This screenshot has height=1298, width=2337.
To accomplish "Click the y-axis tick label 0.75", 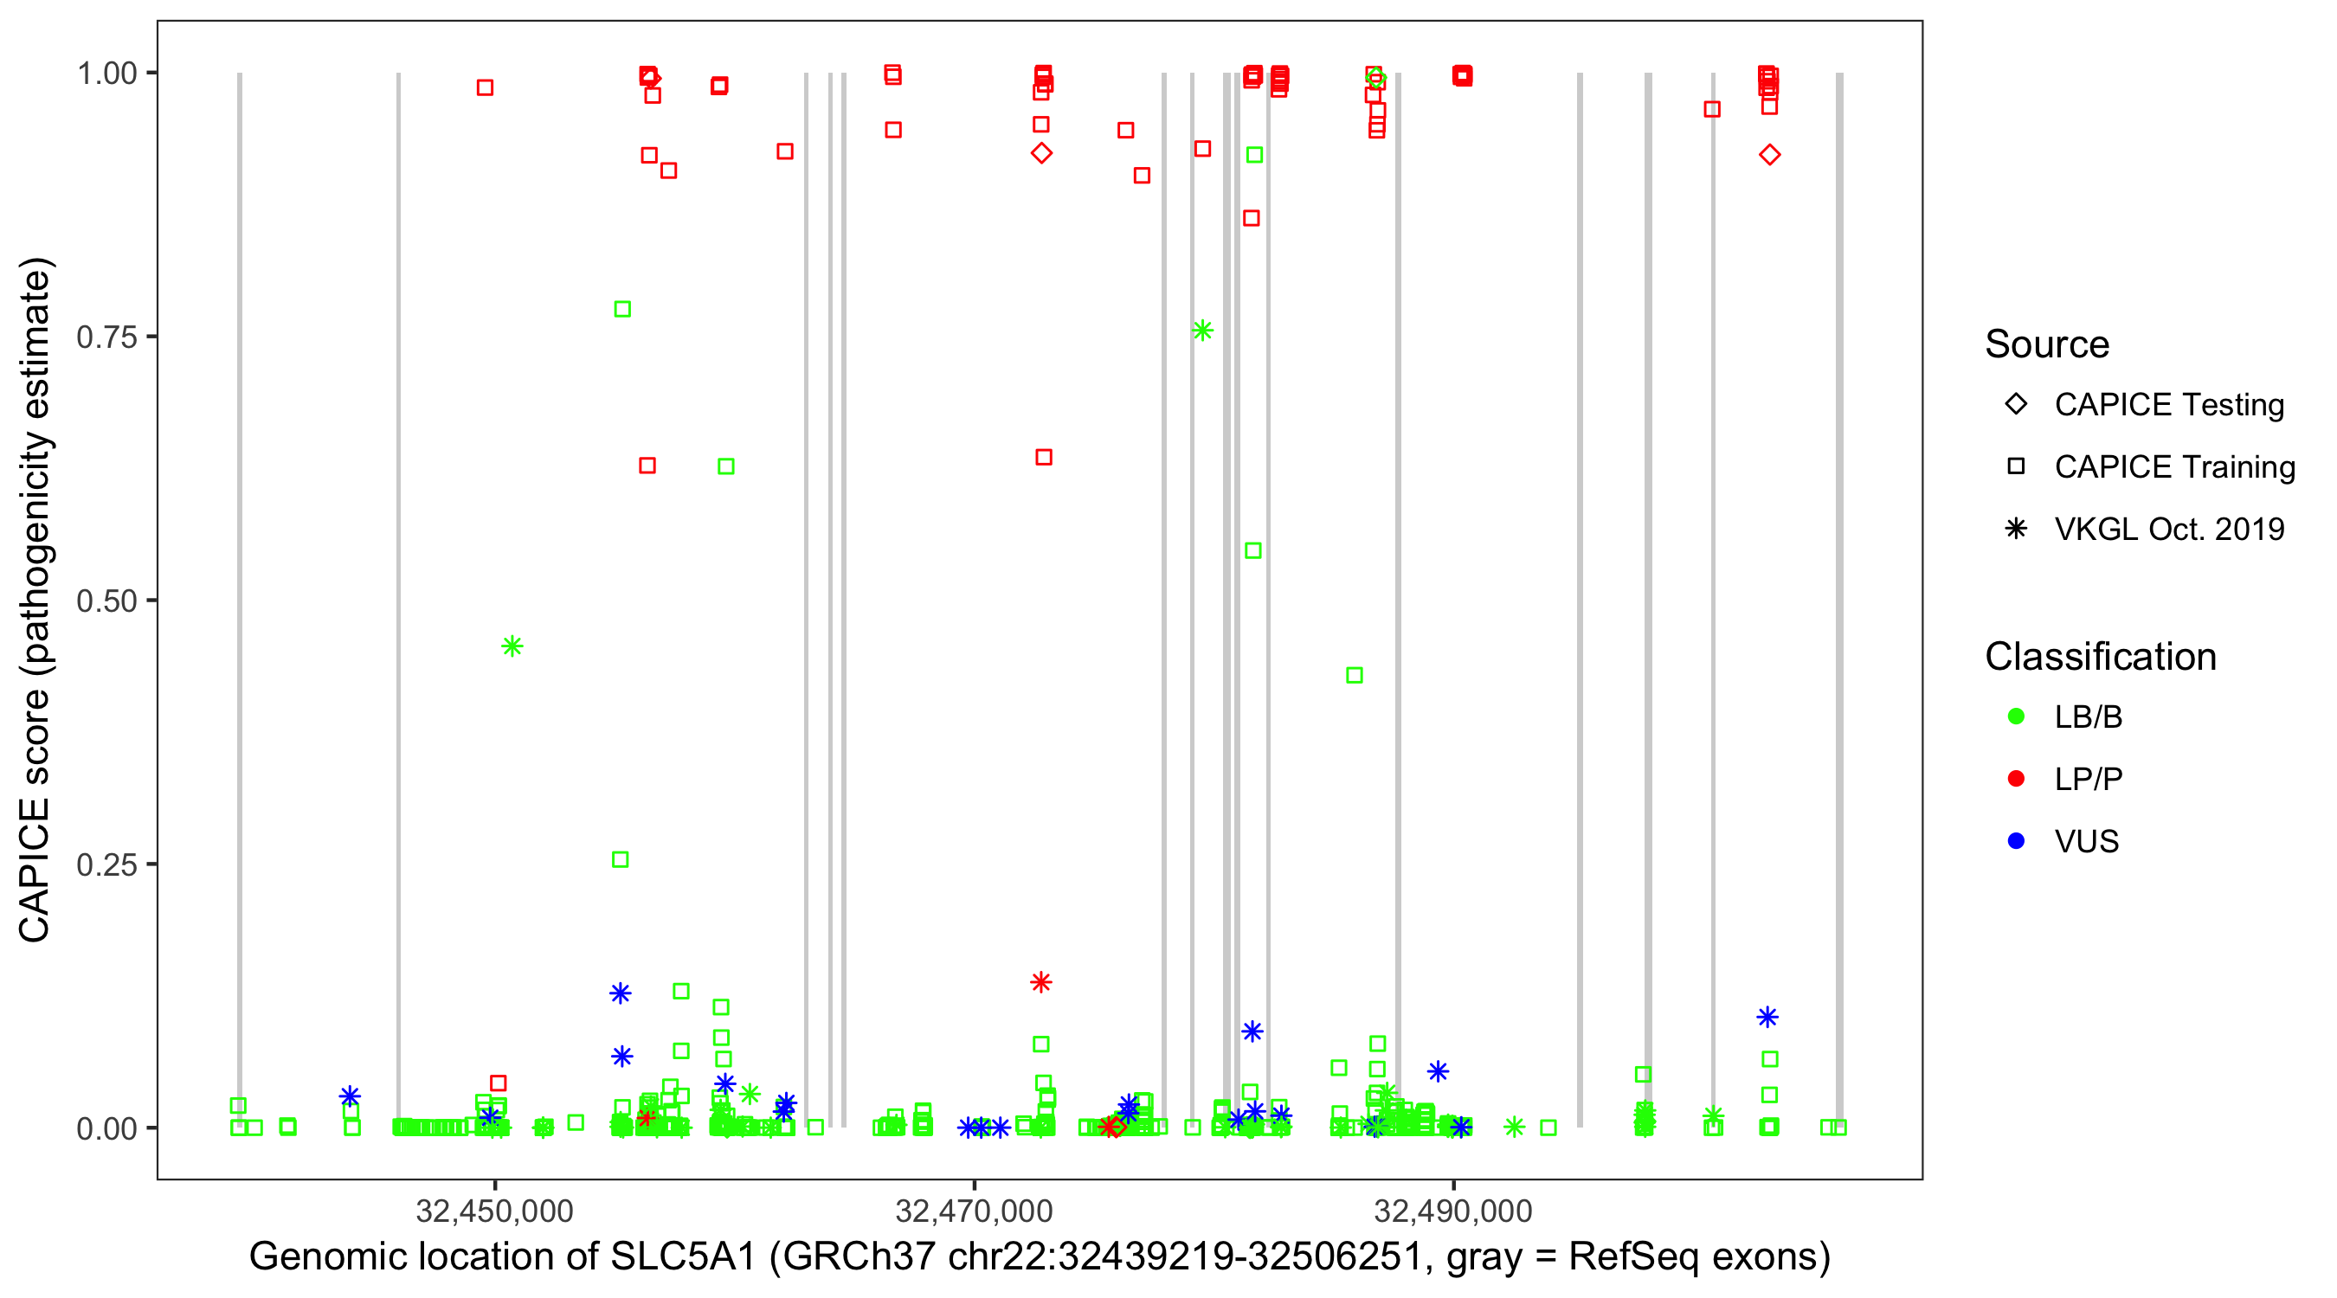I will (x=106, y=337).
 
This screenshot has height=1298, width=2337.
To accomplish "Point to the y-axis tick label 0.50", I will (x=106, y=601).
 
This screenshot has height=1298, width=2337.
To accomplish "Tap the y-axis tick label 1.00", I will (x=106, y=74).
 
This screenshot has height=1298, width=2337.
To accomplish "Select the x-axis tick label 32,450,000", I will (x=494, y=1210).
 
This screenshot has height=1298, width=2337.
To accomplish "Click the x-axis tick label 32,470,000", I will (x=974, y=1210).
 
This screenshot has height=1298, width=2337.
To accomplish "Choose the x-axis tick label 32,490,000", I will (x=1453, y=1210).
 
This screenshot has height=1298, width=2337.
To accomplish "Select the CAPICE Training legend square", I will (x=2016, y=467).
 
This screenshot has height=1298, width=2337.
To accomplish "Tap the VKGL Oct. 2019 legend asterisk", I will (x=2016, y=529).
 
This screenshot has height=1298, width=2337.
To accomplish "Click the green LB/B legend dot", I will (x=2016, y=716).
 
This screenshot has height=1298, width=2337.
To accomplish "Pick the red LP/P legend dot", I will (x=2016, y=779).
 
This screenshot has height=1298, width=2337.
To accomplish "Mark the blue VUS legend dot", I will (x=2016, y=841).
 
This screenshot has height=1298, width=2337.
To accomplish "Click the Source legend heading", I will (x=2047, y=344).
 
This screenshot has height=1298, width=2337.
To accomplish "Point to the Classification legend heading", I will (x=2100, y=657).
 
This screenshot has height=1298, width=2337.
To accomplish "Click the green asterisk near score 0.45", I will (x=512, y=646).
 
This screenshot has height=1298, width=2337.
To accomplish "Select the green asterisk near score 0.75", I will (x=1203, y=331).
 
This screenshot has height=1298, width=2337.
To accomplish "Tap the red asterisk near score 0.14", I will (x=1040, y=982).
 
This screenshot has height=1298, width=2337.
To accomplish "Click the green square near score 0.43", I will (x=1355, y=676).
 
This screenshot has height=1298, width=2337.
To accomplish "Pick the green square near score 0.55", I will (x=1252, y=551).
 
